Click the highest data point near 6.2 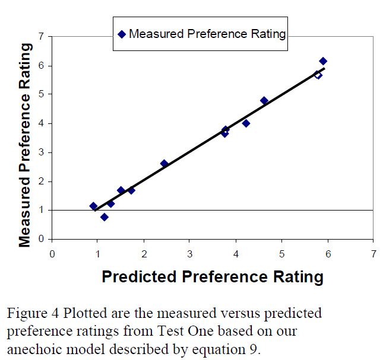pyautogui.click(x=323, y=61)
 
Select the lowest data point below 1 pyautogui.click(x=105, y=217)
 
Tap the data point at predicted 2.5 pyautogui.click(x=164, y=164)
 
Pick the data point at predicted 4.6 pyautogui.click(x=264, y=101)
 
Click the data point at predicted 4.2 pyautogui.click(x=246, y=123)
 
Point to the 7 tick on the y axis pyautogui.click(x=40, y=37)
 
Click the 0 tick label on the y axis pyautogui.click(x=40, y=239)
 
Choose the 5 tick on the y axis pyautogui.click(x=40, y=94)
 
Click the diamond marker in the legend pyautogui.click(x=122, y=34)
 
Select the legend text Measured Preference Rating pyautogui.click(x=207, y=34)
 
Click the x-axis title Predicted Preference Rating pyautogui.click(x=213, y=276)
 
